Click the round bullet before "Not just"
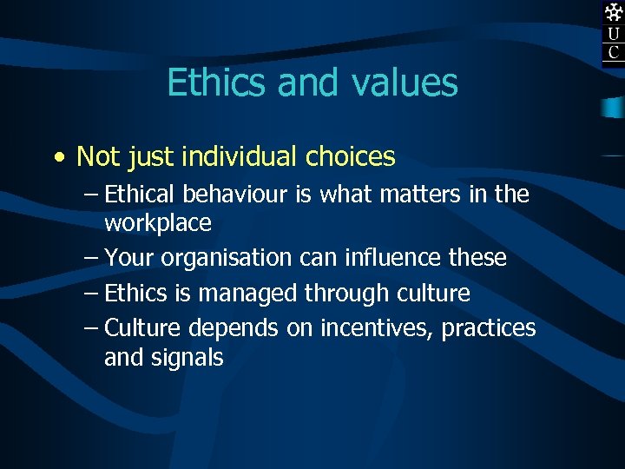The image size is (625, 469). click(x=57, y=158)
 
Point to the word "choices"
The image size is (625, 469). click(x=351, y=157)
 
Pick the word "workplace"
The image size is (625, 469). click(x=158, y=223)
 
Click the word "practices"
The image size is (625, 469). click(x=489, y=328)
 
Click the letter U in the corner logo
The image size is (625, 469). click(x=614, y=34)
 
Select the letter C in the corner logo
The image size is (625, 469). click(x=614, y=52)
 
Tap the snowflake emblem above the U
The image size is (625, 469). click(x=614, y=12)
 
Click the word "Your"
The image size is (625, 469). click(x=130, y=258)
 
